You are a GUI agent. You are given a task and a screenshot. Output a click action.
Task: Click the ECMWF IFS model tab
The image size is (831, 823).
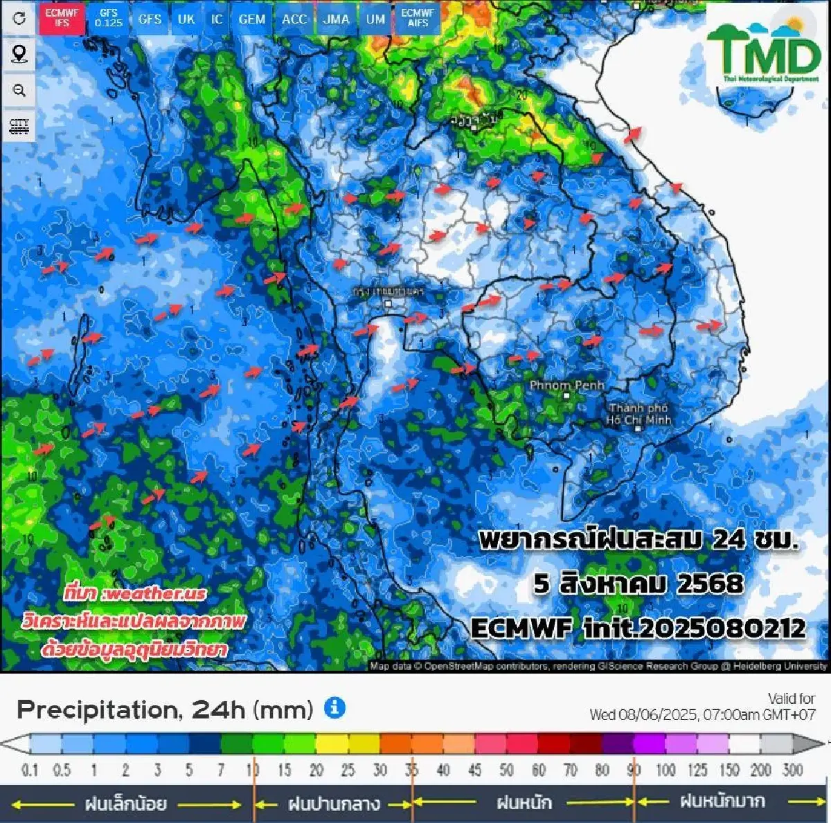(x=62, y=18)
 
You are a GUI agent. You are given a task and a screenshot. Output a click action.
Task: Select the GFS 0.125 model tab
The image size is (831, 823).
(x=109, y=18)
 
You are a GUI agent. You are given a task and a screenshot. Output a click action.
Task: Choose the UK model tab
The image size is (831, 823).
(x=186, y=19)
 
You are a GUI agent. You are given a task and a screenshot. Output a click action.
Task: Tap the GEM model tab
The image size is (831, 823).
(x=251, y=19)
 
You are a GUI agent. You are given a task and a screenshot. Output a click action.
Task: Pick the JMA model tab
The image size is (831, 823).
(x=336, y=19)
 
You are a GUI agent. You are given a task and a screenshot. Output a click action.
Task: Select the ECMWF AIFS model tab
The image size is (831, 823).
(x=418, y=18)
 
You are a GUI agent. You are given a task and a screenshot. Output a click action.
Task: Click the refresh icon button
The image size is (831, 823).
(x=19, y=18)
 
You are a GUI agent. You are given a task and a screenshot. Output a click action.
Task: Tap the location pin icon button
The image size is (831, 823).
(x=19, y=54)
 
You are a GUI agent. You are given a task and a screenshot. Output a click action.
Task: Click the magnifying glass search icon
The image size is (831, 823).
(x=19, y=90)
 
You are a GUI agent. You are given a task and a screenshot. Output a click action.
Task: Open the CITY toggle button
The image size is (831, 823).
(x=19, y=126)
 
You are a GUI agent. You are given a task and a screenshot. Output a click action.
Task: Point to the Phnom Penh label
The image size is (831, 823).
(x=566, y=386)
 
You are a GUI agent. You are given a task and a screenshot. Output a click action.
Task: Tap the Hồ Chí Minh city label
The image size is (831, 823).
(x=639, y=414)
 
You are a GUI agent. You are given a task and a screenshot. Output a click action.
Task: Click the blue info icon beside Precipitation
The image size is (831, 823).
(x=334, y=708)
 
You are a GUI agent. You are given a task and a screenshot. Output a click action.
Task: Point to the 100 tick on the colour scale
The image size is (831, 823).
(x=665, y=770)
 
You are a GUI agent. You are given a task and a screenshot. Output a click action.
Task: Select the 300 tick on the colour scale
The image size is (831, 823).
(x=792, y=770)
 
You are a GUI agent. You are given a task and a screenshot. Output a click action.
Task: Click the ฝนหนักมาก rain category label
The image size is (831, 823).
(x=722, y=802)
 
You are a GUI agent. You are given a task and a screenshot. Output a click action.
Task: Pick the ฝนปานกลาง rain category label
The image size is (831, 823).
(x=334, y=804)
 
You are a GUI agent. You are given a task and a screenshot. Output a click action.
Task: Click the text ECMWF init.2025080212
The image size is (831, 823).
(x=638, y=628)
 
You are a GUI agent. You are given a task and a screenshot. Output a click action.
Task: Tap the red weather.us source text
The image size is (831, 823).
(x=135, y=593)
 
